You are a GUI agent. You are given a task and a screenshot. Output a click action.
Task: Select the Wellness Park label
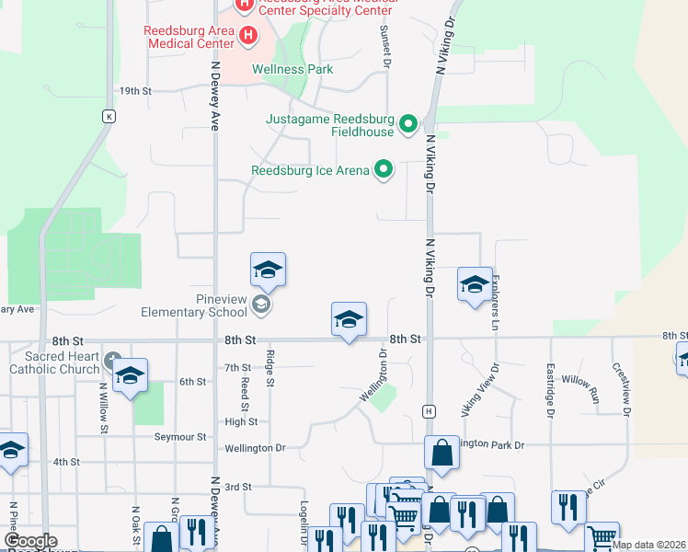tap(292, 69)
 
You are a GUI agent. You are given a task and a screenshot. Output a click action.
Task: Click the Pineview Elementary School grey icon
tap(261, 305)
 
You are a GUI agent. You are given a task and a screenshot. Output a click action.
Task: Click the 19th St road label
tap(135, 91)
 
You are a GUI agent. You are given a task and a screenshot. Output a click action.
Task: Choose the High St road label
tap(241, 422)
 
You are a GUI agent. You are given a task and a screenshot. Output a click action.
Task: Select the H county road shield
tap(428, 409)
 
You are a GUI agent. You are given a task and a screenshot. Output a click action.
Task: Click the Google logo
tap(30, 541)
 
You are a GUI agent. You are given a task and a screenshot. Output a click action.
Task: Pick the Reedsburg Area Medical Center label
tap(189, 36)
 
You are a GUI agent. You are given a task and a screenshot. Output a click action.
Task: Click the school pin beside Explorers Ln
tap(475, 284)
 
